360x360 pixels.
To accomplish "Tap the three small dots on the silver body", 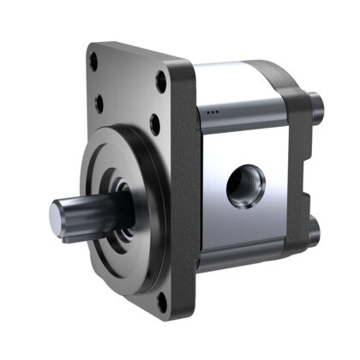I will coord(213,112).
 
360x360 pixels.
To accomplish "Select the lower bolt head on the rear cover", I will coord(315,231).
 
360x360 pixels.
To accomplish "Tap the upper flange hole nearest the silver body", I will coord(160,84).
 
